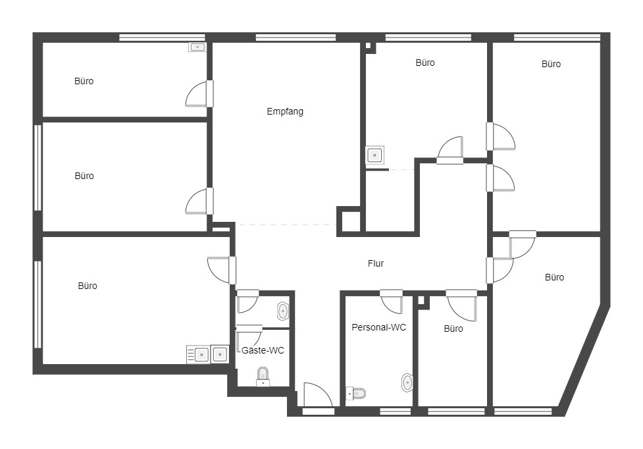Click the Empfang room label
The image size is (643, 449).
click(285, 111)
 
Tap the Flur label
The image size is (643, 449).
click(376, 263)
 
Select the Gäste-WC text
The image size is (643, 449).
click(263, 350)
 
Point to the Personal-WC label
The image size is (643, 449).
click(379, 327)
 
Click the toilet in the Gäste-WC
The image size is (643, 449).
click(263, 377)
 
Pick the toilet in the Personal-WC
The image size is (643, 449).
click(355, 393)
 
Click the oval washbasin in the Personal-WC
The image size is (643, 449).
click(407, 382)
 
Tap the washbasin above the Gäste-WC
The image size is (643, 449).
click(283, 311)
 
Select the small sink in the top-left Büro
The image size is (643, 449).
click(197, 47)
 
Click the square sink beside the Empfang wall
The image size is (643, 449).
click(375, 155)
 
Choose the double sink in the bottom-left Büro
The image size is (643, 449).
click(208, 354)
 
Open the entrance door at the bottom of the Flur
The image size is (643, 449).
click(317, 396)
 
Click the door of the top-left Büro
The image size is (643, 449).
click(199, 94)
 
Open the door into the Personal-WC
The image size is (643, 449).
click(392, 302)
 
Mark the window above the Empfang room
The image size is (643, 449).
click(296, 38)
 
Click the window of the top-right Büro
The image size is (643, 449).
click(557, 38)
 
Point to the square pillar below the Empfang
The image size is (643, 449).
click(349, 221)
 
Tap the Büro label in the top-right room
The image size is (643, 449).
click(551, 64)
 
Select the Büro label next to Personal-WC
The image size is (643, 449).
click(453, 329)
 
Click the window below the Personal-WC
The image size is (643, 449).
click(396, 411)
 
